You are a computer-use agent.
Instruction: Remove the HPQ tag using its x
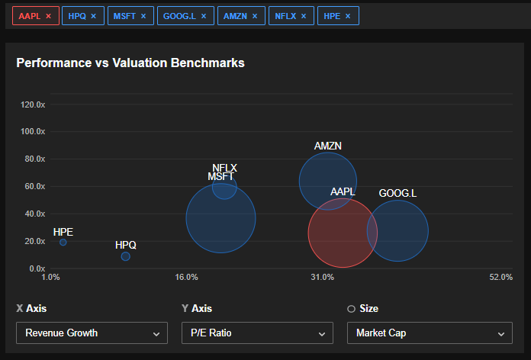pyautogui.click(x=93, y=16)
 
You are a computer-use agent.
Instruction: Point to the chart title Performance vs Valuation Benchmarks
pyautogui.click(x=130, y=63)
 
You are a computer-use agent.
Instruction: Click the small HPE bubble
pyautogui.click(x=63, y=243)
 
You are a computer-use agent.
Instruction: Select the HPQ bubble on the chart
pyautogui.click(x=126, y=256)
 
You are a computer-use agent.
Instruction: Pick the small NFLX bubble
pyautogui.click(x=224, y=186)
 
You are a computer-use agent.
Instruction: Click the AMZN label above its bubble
pyautogui.click(x=328, y=146)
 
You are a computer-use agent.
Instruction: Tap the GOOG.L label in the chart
pyautogui.click(x=397, y=194)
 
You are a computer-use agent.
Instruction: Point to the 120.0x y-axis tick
pyautogui.click(x=32, y=104)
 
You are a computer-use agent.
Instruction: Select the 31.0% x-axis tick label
pyautogui.click(x=322, y=277)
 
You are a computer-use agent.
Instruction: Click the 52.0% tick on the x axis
pyautogui.click(x=500, y=277)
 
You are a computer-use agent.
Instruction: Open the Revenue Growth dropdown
pyautogui.click(x=92, y=333)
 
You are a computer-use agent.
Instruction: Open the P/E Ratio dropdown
pyautogui.click(x=257, y=333)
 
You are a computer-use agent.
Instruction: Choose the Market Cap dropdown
pyautogui.click(x=429, y=333)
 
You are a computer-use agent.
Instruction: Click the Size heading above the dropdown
pyautogui.click(x=368, y=309)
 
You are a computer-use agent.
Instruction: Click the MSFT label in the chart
pyautogui.click(x=221, y=177)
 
